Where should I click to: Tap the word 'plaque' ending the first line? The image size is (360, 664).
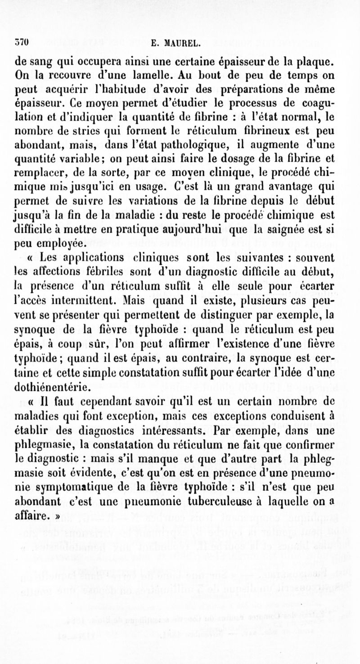(317, 61)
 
